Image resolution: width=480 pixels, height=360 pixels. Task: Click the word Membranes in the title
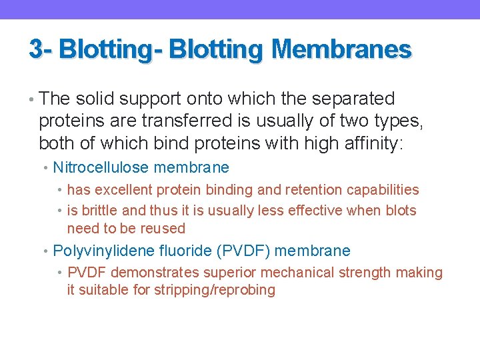click(x=341, y=49)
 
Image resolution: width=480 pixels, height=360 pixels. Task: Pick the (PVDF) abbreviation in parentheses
click(x=243, y=251)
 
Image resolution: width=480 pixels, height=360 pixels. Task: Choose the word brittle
click(x=98, y=211)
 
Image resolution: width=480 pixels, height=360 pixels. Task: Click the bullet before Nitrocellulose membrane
click(x=46, y=168)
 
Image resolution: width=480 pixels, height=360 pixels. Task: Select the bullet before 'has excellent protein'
click(x=61, y=191)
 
